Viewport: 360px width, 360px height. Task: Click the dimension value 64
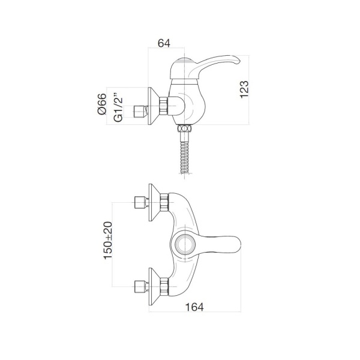(164, 43)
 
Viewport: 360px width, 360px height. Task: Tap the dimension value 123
(244, 89)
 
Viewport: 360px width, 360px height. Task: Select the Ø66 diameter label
(102, 104)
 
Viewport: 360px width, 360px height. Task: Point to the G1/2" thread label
(118, 107)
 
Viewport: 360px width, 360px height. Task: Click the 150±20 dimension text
(108, 241)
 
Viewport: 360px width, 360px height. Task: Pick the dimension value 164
(194, 307)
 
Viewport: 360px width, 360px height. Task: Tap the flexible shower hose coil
(185, 157)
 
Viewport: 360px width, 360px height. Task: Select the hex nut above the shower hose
(185, 128)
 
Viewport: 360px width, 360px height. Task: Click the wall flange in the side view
(154, 106)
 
